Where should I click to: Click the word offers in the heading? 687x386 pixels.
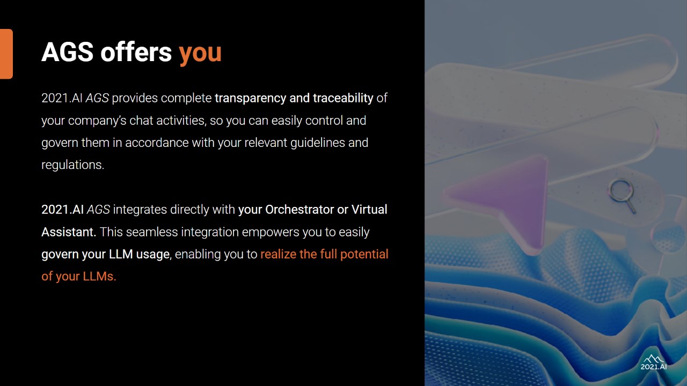(136, 52)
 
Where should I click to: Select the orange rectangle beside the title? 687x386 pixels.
(6, 54)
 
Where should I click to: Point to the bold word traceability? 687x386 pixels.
(343, 98)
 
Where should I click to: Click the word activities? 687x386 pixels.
(181, 121)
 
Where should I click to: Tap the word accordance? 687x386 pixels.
(157, 143)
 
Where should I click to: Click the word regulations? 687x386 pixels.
(72, 165)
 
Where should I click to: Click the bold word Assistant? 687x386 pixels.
(69, 232)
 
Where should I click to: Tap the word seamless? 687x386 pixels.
(152, 232)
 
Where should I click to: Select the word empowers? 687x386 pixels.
(271, 232)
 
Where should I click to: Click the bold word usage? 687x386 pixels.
(153, 255)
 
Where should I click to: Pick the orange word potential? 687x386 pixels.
(364, 255)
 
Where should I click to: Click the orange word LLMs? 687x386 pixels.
(99, 276)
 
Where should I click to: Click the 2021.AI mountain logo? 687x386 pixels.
(654, 362)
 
